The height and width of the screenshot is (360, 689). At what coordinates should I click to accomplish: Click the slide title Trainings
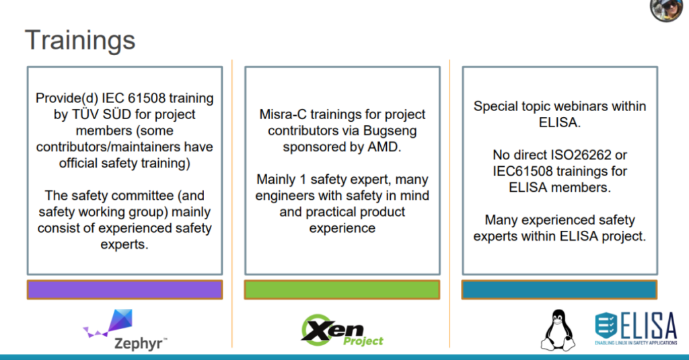tap(80, 41)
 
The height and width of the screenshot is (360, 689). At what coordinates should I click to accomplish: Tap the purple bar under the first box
tap(124, 289)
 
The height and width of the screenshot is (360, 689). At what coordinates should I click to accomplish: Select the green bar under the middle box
tap(342, 289)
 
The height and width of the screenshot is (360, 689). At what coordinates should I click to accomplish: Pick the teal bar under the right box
tap(559, 289)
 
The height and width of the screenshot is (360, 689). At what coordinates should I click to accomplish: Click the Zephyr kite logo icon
tap(109, 322)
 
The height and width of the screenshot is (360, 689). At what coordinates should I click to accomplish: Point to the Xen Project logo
tap(342, 330)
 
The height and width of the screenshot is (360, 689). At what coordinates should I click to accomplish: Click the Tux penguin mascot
tap(558, 330)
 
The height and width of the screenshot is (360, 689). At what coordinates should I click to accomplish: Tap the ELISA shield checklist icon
tap(606, 326)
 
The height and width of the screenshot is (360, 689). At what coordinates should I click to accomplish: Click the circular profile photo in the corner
tap(667, 9)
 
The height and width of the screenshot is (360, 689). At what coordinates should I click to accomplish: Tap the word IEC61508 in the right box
tap(522, 171)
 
